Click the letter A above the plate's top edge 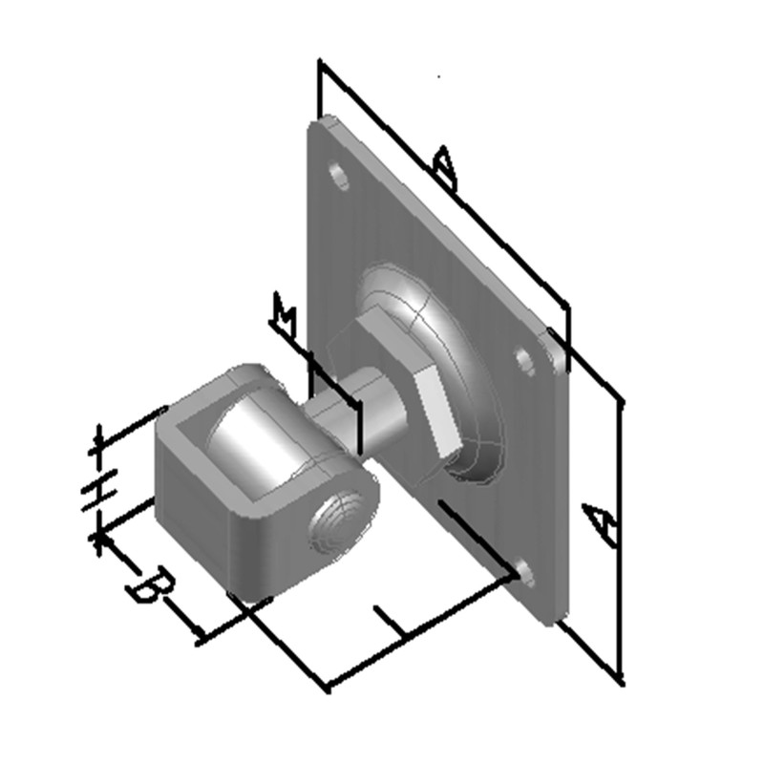[x=445, y=169]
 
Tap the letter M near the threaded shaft [x=283, y=312]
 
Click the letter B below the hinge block [x=151, y=584]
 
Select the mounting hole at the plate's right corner [x=525, y=360]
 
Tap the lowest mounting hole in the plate [x=523, y=572]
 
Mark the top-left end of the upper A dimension [x=320, y=63]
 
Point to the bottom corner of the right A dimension [x=621, y=681]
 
